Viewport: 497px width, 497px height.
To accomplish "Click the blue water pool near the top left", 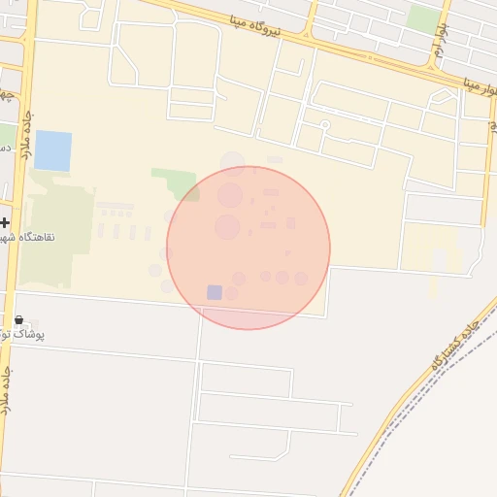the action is (x=53, y=150).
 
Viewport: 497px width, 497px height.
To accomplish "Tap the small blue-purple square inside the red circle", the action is (x=215, y=292).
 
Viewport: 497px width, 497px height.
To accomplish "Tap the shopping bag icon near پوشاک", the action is (x=19, y=319).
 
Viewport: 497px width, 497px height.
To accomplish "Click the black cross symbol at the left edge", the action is (x=6, y=222).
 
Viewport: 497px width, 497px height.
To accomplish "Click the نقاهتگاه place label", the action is (x=29, y=237).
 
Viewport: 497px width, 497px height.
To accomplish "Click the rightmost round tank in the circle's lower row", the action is (x=301, y=279).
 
